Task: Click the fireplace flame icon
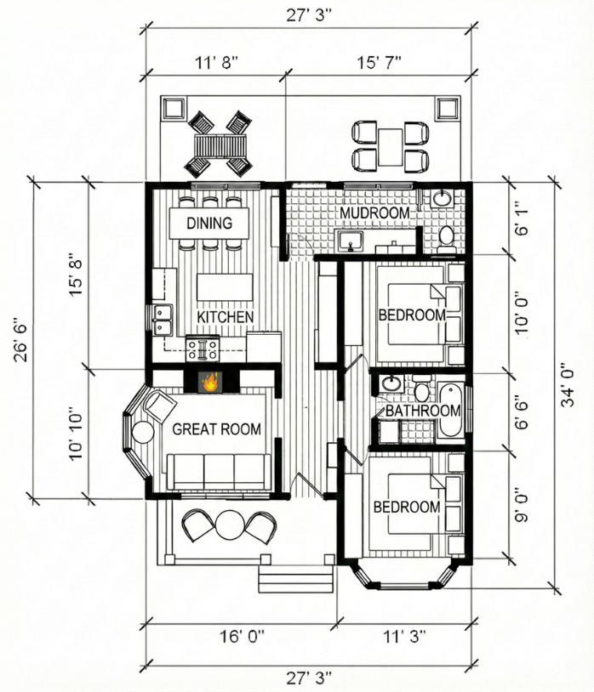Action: pos(210,382)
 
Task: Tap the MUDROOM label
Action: pos(374,213)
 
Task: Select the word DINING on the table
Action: pos(209,223)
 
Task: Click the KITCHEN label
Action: pos(226,317)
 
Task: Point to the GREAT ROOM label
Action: pos(216,429)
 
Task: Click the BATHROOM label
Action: pos(423,411)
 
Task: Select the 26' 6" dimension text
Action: pos(20,339)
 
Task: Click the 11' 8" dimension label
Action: pos(216,62)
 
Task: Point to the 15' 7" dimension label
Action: pos(379,62)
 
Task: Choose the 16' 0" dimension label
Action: pos(242,637)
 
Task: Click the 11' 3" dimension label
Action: pos(404,637)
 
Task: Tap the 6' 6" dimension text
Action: pos(522,411)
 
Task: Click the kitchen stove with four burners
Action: pos(203,349)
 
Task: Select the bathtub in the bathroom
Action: pos(450,411)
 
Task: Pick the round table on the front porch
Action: pos(229,525)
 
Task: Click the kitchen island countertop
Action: pos(225,286)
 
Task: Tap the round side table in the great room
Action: pos(143,433)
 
